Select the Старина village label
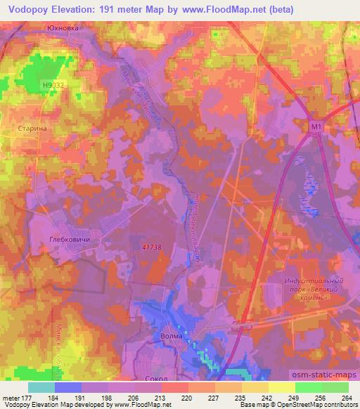(x=30, y=129)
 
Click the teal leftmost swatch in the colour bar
(x=41, y=387)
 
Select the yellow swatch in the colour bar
(x=281, y=387)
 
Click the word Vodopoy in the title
(x=29, y=9)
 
